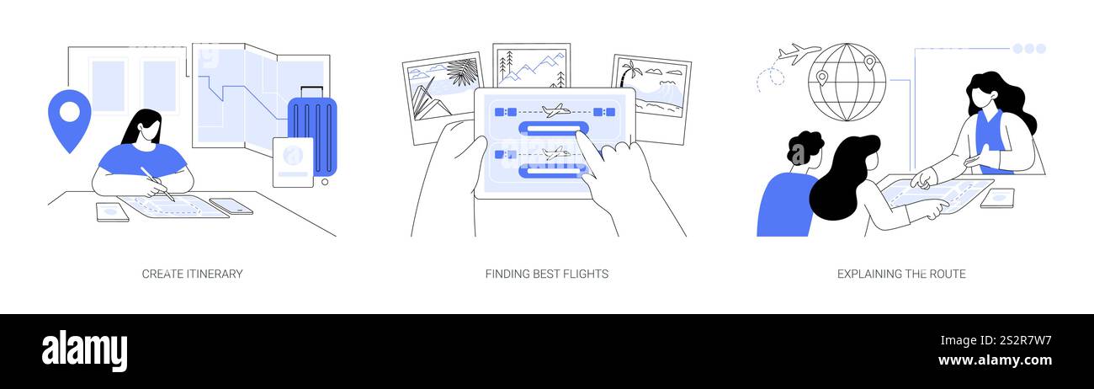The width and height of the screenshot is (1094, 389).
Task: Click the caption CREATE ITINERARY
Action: [193, 274]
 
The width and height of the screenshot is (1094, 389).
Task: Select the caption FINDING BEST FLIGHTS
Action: [547, 274]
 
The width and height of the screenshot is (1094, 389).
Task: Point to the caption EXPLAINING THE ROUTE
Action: [901, 274]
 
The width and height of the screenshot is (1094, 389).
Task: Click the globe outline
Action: [847, 83]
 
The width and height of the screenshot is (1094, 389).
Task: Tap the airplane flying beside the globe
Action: [799, 53]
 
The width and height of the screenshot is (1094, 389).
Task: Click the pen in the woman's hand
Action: [157, 184]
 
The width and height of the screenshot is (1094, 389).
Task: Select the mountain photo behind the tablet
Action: [531, 66]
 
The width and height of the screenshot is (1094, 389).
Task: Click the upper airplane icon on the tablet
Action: [555, 110]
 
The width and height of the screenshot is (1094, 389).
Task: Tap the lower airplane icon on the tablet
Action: [557, 153]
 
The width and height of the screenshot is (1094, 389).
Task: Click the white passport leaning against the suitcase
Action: [293, 163]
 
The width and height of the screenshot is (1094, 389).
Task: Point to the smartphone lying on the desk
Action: [231, 206]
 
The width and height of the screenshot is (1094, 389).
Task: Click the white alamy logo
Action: [84, 351]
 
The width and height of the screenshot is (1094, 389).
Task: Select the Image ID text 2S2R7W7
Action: [1026, 341]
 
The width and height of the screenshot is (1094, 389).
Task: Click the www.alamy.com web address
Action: [995, 360]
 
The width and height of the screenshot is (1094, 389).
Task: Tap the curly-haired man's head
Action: [804, 149]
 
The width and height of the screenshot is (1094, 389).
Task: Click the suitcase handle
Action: [311, 92]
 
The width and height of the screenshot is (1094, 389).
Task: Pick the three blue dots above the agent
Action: [1029, 48]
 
